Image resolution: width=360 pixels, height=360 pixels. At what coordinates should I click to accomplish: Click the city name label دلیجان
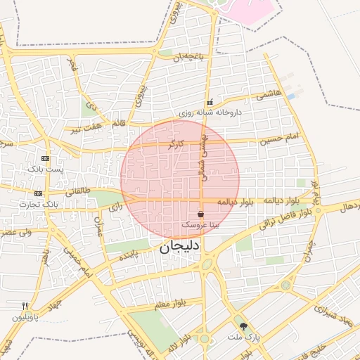[179, 247]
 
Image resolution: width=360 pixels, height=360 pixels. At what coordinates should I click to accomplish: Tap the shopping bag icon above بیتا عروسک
[201, 214]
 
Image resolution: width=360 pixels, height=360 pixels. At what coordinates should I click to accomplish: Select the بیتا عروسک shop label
[200, 226]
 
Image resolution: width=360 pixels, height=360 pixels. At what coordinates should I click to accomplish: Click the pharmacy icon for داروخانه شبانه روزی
[209, 103]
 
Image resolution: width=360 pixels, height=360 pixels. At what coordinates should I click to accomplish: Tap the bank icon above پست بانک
[46, 159]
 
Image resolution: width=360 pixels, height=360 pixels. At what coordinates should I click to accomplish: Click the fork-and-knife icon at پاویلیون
[25, 306]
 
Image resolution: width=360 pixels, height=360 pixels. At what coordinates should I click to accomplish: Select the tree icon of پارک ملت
[243, 326]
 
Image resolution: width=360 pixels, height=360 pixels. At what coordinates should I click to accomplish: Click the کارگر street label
[176, 143]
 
